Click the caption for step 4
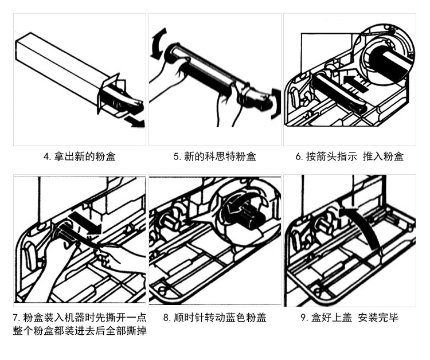click(x=79, y=156)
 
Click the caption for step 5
click(x=214, y=156)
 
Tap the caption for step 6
click(x=350, y=156)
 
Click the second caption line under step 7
click(x=79, y=331)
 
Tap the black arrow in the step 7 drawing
click(x=86, y=224)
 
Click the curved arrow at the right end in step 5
click(x=276, y=103)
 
